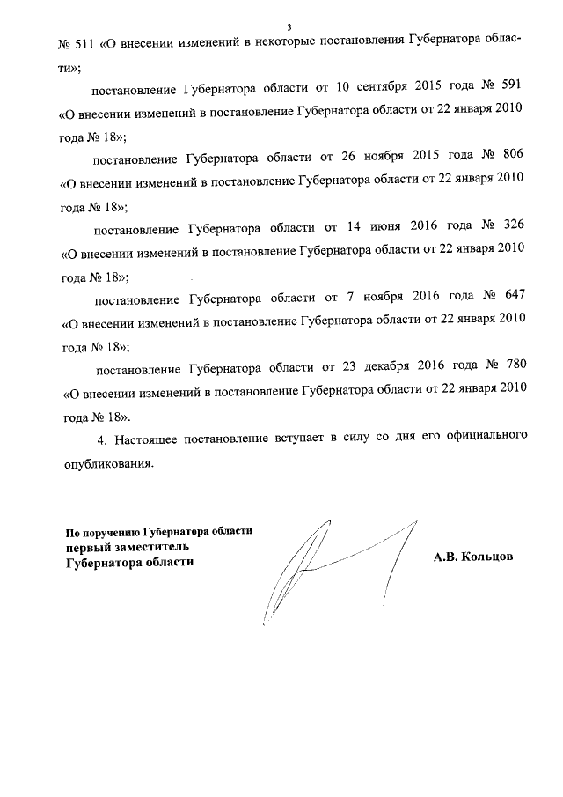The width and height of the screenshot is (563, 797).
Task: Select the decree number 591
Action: pos(512,92)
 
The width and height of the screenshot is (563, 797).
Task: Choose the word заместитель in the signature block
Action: pos(150,547)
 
